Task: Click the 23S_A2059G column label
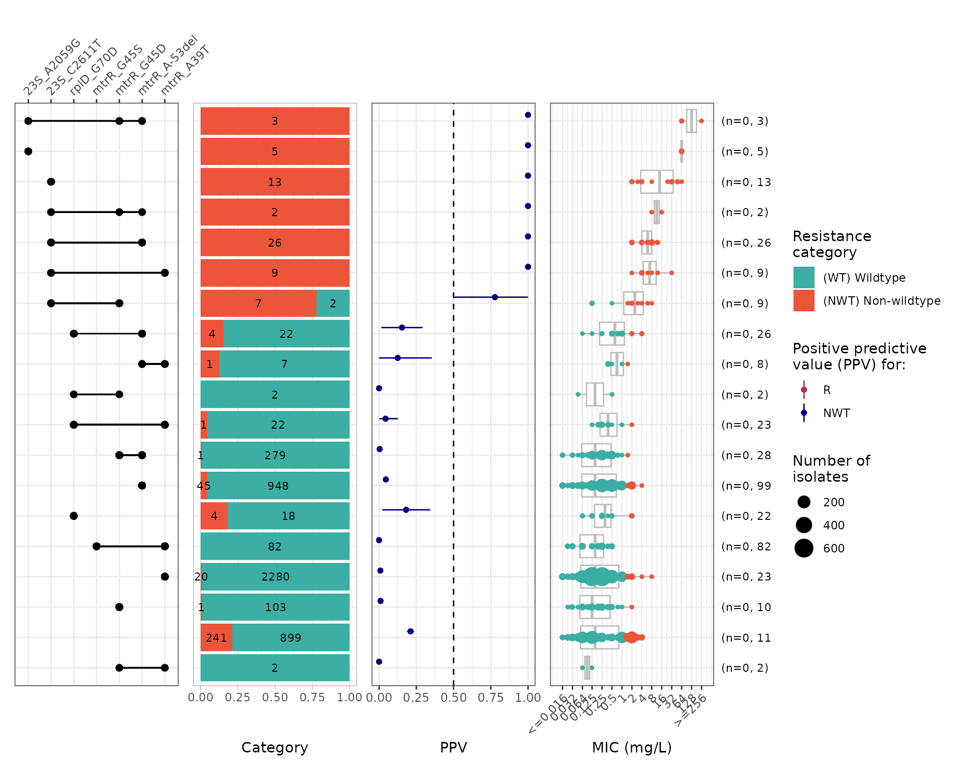[x=52, y=67]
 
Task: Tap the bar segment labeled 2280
[x=275, y=576]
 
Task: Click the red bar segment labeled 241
[x=216, y=638]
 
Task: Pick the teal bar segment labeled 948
[x=278, y=486]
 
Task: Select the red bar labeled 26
[x=275, y=243]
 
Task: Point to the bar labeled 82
[x=275, y=546]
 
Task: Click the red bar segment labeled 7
[x=258, y=303]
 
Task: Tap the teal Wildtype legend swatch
[x=804, y=278]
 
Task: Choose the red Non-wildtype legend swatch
[x=804, y=301]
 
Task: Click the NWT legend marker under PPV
[x=804, y=413]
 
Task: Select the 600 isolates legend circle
[x=804, y=548]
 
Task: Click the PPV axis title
[x=453, y=747]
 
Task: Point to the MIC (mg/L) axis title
[x=631, y=747]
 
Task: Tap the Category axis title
[x=275, y=747]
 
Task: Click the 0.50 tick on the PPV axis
[x=453, y=697]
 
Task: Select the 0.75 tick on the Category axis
[x=312, y=697]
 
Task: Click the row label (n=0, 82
[x=746, y=546]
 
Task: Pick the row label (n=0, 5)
[x=744, y=151]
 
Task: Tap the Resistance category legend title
[x=832, y=244]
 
